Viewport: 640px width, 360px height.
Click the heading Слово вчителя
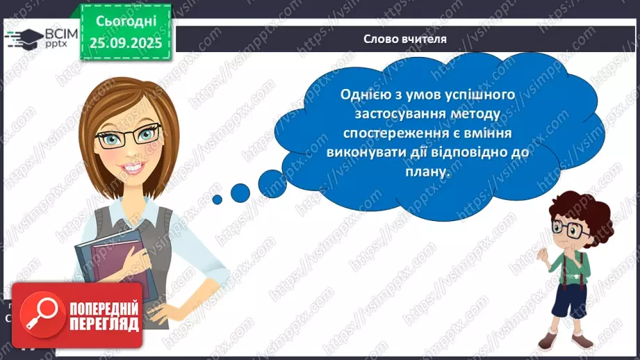[404, 39]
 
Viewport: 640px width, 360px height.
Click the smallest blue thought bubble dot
[217, 199]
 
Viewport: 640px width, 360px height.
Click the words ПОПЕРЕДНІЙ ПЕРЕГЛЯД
[104, 316]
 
